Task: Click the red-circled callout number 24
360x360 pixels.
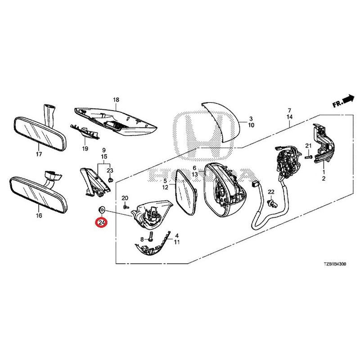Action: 101,222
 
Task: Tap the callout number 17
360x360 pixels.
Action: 39,154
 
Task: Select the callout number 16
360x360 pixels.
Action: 39,216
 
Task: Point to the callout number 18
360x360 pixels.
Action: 116,99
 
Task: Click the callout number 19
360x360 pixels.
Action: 84,148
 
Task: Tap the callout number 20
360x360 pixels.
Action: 125,198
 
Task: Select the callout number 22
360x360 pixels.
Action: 271,192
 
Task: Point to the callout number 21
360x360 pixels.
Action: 308,145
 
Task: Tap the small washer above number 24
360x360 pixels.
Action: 102,209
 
